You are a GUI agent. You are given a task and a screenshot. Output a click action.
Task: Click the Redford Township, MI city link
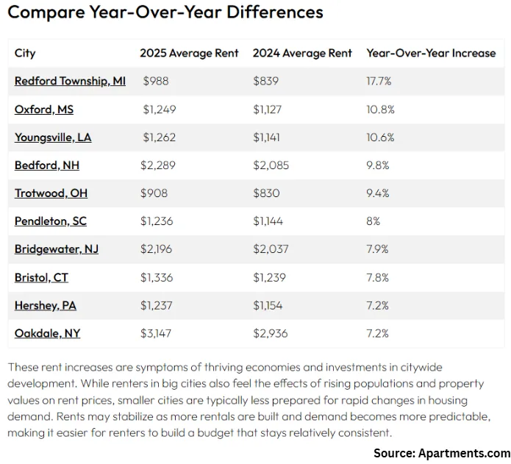pyautogui.click(x=70, y=81)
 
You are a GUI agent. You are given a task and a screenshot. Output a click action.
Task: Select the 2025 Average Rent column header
pyautogui.click(x=189, y=53)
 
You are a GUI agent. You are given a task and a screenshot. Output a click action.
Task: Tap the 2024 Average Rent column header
pyautogui.click(x=302, y=53)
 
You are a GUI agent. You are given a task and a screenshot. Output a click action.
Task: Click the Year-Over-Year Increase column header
pyautogui.click(x=431, y=53)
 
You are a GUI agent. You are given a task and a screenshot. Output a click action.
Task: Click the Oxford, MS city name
pyautogui.click(x=44, y=110)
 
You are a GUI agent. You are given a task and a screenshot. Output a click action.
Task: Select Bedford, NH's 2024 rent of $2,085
pyautogui.click(x=271, y=165)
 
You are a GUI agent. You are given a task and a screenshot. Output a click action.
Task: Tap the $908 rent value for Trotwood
pyautogui.click(x=154, y=193)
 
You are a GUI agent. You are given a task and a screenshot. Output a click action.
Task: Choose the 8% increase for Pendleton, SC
pyautogui.click(x=374, y=221)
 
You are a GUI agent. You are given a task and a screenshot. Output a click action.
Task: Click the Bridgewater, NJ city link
pyautogui.click(x=57, y=249)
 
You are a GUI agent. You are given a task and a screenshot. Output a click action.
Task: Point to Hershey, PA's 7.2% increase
pyautogui.click(x=378, y=305)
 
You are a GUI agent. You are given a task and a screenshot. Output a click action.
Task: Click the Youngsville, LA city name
pyautogui.click(x=53, y=138)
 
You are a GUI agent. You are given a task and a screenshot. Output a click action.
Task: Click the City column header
pyautogui.click(x=25, y=53)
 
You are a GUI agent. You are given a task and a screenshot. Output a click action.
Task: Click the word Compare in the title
pyautogui.click(x=40, y=13)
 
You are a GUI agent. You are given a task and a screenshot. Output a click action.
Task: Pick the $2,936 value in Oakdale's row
pyautogui.click(x=270, y=333)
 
